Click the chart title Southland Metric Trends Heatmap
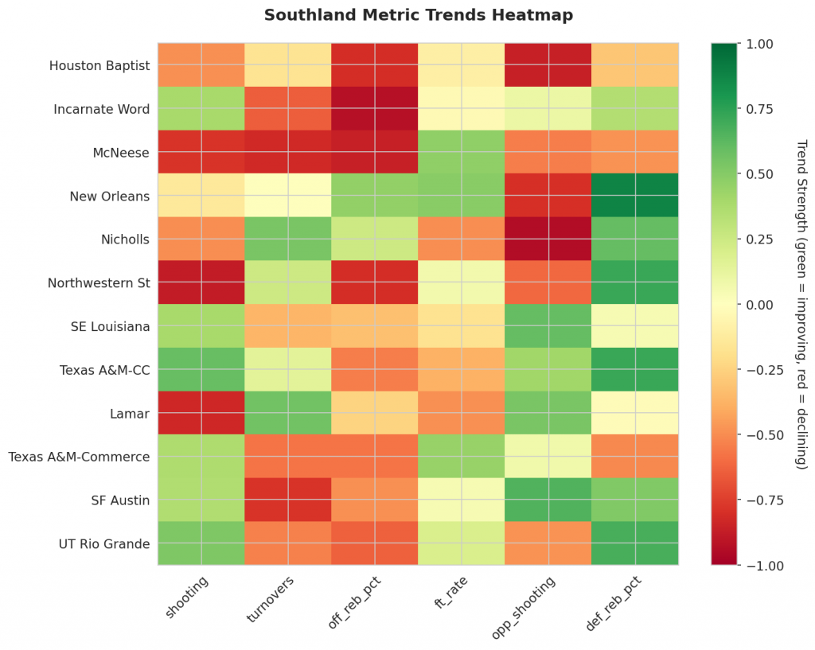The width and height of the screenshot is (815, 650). point(418,15)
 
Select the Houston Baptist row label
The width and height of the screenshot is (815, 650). point(99,65)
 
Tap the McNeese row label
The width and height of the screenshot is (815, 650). point(121,152)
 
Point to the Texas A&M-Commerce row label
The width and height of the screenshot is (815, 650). point(79,457)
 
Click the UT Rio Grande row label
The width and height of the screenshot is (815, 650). point(103,544)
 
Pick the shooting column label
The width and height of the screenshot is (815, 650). point(189,594)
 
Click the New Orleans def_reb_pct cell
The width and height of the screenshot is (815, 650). point(635,196)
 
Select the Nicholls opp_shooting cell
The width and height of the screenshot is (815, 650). point(548,239)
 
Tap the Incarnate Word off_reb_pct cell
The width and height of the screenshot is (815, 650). point(375,108)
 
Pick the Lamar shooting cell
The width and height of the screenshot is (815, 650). point(201,413)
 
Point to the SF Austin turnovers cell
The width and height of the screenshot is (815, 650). point(288,500)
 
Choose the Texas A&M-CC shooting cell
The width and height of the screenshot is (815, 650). point(201,369)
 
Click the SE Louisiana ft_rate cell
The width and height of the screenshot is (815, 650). point(462,326)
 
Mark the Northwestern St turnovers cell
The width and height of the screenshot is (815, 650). point(288,282)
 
